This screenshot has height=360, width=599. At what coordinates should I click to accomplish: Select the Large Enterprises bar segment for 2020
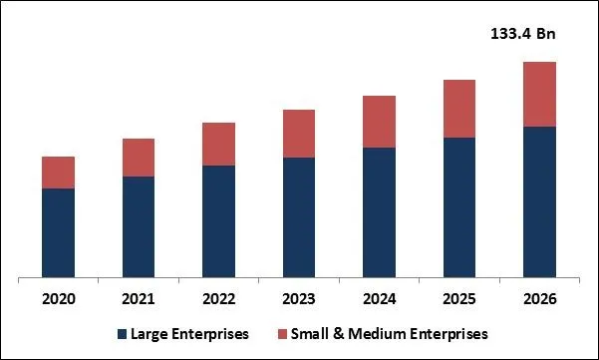(x=59, y=232)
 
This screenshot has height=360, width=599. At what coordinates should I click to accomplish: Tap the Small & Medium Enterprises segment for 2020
(x=59, y=173)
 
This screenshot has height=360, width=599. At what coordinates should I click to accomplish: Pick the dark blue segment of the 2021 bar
(x=139, y=226)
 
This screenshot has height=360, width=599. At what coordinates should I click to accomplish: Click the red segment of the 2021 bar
(x=139, y=158)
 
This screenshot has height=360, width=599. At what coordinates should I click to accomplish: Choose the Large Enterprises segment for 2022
(x=218, y=220)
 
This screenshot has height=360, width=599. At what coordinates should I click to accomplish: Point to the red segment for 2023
(x=299, y=134)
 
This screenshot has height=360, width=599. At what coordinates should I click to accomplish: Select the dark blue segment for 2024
(x=379, y=211)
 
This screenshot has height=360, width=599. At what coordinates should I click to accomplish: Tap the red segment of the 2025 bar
(x=458, y=109)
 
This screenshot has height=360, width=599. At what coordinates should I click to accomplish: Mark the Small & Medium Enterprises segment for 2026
(x=539, y=94)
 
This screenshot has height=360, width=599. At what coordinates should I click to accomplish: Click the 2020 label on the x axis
(x=59, y=299)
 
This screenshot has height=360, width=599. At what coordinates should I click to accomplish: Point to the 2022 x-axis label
(x=218, y=299)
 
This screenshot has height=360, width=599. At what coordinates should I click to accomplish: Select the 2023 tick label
(x=299, y=299)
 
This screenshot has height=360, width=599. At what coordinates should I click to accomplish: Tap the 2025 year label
(x=458, y=299)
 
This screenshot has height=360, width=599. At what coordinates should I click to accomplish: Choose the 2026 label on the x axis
(x=539, y=299)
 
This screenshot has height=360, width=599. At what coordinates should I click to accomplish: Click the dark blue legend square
(x=123, y=333)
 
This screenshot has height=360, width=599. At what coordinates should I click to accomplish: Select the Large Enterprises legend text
(x=189, y=333)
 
